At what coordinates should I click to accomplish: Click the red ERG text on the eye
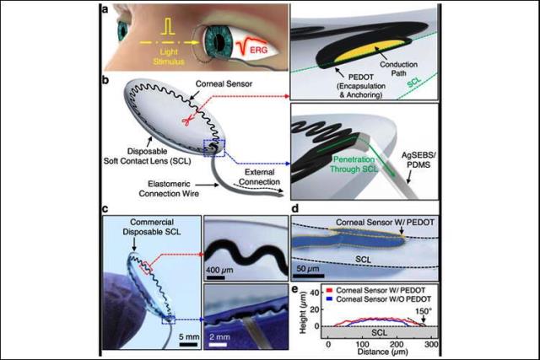pyautogui.click(x=259, y=50)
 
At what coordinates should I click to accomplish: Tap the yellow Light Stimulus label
pyautogui.click(x=169, y=56)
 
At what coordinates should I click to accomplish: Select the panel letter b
pyautogui.click(x=105, y=81)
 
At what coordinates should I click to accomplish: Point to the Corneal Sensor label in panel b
pyautogui.click(x=224, y=83)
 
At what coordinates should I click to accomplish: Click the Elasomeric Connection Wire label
pyautogui.click(x=169, y=189)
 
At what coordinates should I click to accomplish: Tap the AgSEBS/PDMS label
pyautogui.click(x=416, y=160)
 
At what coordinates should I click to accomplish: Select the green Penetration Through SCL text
pyautogui.click(x=354, y=164)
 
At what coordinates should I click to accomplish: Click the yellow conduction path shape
pyautogui.click(x=370, y=51)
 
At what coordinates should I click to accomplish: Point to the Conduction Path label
pyautogui.click(x=398, y=68)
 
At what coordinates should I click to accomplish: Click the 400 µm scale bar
pyautogui.click(x=216, y=277)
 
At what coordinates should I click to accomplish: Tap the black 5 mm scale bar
pyautogui.click(x=188, y=345)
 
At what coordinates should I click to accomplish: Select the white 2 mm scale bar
pyautogui.click(x=218, y=344)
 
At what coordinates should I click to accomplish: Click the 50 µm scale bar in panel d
pyautogui.click(x=309, y=276)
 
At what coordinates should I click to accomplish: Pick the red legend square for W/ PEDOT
pyautogui.click(x=330, y=291)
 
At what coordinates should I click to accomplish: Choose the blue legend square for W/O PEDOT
pyautogui.click(x=330, y=299)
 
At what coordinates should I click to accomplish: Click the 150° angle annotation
pyautogui.click(x=423, y=311)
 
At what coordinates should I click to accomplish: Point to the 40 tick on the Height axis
pyautogui.click(x=315, y=293)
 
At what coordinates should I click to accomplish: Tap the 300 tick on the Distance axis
pyautogui.click(x=431, y=345)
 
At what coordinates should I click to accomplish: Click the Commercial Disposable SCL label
pyautogui.click(x=152, y=227)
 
